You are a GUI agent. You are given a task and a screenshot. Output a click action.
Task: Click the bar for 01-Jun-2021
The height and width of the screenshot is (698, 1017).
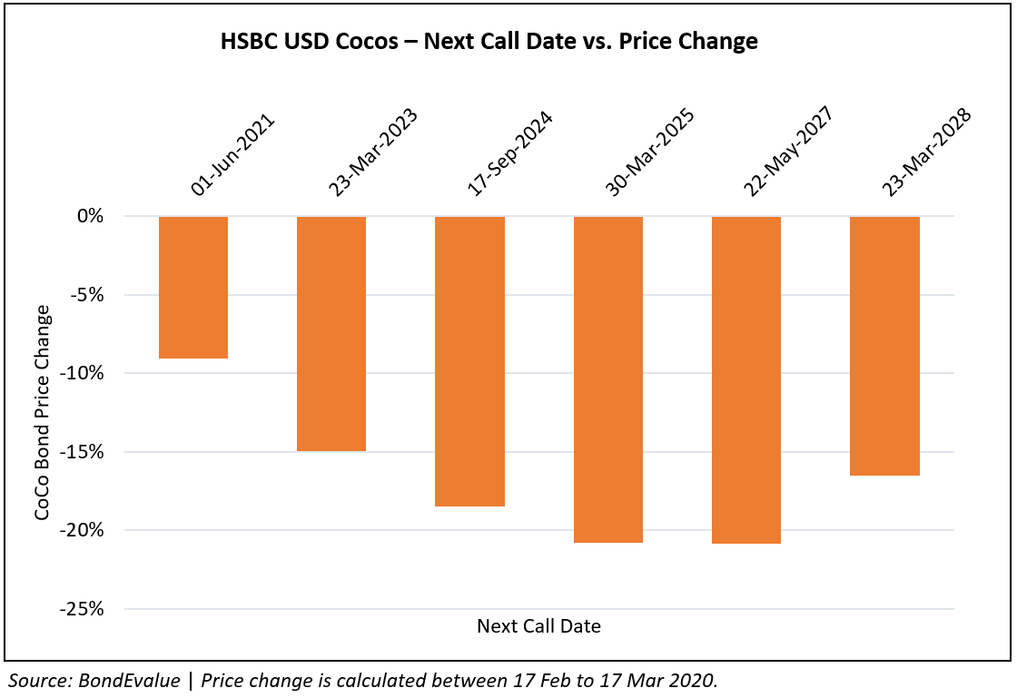tap(193, 287)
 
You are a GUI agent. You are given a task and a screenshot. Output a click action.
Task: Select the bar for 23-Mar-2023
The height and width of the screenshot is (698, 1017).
tap(331, 333)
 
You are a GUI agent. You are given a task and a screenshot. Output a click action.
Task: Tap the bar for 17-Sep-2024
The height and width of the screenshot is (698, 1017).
tap(469, 360)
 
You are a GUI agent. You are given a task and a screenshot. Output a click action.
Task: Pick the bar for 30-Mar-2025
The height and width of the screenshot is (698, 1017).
tap(607, 378)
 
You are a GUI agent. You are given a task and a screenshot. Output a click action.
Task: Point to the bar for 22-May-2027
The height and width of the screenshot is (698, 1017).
tap(746, 379)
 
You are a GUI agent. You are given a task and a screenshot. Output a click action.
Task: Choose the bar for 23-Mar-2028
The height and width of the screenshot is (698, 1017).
tap(884, 345)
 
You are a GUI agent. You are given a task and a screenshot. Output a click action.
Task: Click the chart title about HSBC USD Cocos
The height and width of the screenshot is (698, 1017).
tap(489, 42)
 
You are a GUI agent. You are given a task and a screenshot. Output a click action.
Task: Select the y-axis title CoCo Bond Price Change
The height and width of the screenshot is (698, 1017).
tap(42, 413)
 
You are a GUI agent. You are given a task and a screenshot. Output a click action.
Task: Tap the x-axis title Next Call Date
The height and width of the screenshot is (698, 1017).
tap(538, 626)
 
